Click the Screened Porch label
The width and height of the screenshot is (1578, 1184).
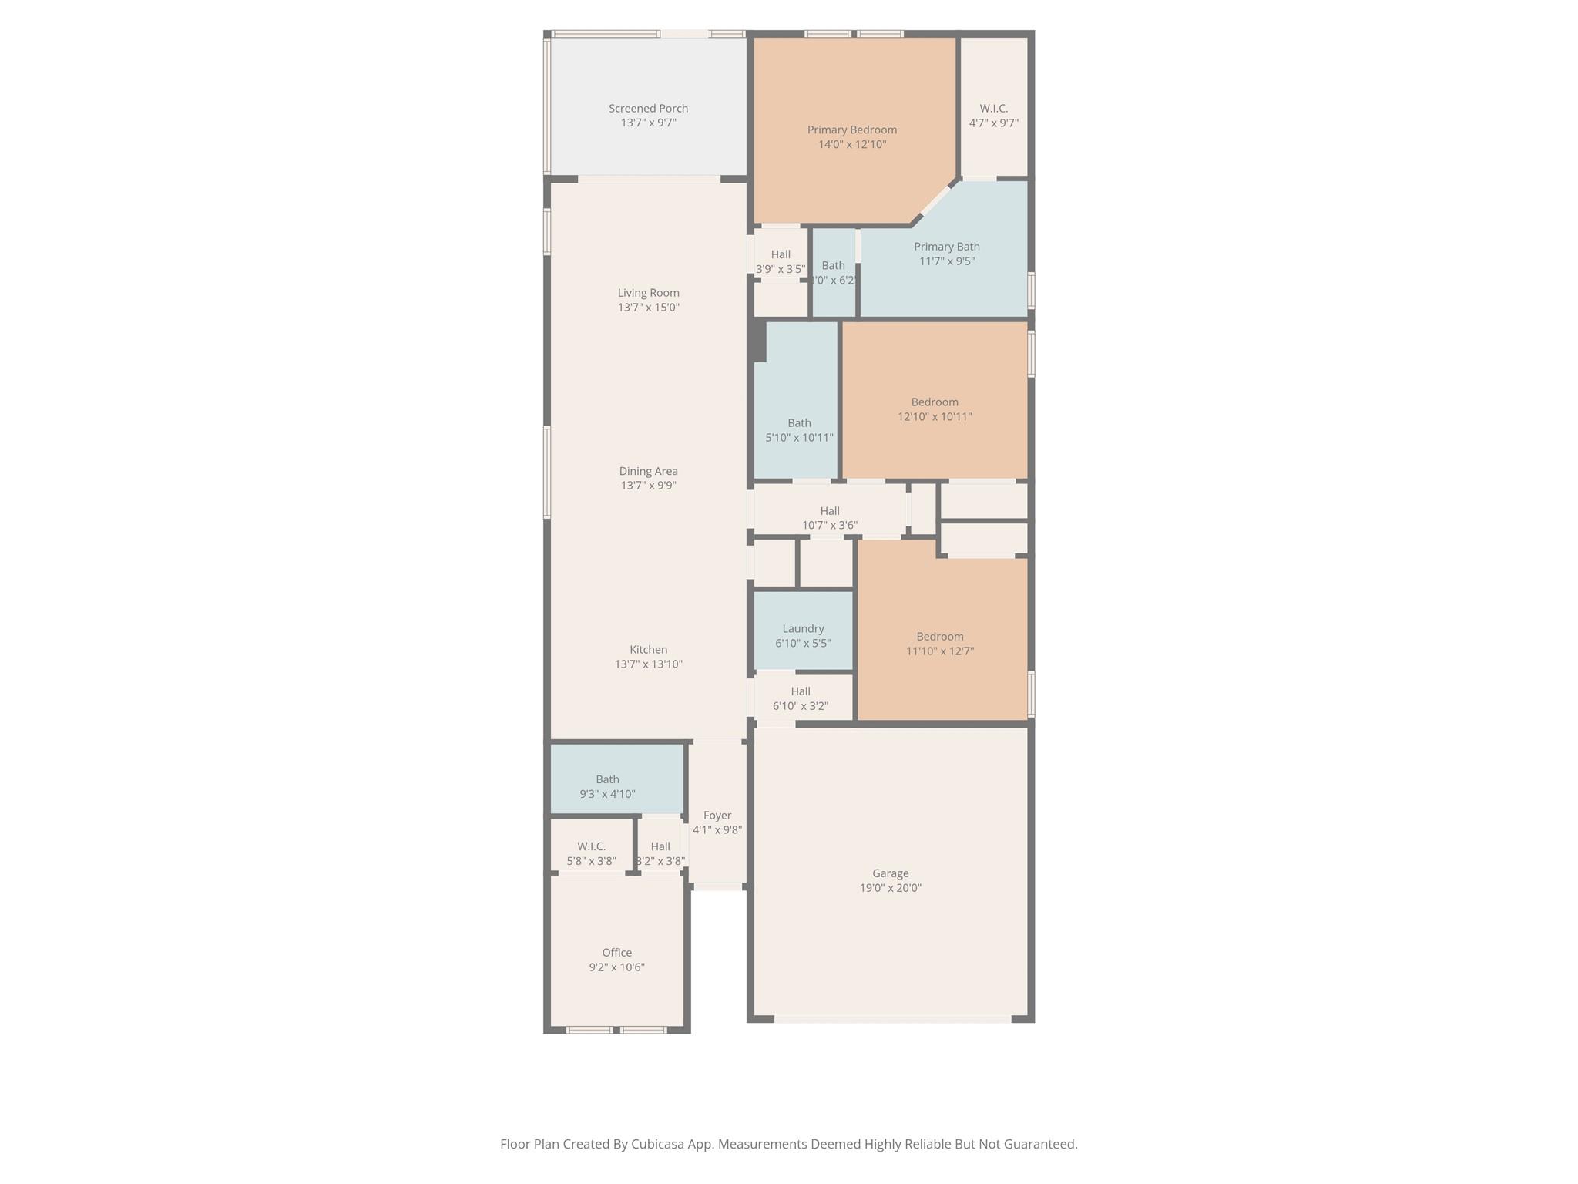click(x=648, y=109)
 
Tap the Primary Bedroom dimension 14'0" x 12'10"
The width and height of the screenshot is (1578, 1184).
click(x=852, y=144)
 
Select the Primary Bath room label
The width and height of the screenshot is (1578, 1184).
click(x=946, y=247)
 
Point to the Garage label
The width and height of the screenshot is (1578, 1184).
click(x=890, y=873)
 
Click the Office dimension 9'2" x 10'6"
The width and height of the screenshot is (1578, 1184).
click(x=616, y=967)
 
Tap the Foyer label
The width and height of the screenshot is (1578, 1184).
click(x=717, y=816)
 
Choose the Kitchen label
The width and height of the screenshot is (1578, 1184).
click(x=648, y=650)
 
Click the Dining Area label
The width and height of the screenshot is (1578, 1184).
click(x=648, y=471)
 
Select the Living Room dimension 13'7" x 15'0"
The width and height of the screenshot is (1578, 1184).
click(x=648, y=308)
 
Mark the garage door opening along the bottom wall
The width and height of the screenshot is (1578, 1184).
click(x=891, y=1019)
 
